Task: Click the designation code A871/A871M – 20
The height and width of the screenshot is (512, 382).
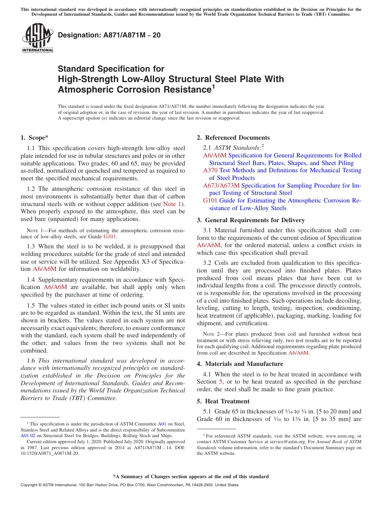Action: tap(109, 35)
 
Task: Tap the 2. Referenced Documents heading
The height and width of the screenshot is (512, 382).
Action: tap(233, 138)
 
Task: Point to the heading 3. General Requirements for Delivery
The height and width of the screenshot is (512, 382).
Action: tap(251, 220)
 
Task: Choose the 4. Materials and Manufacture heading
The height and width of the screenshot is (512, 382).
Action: tap(240, 364)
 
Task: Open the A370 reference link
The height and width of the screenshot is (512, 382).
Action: tap(210, 170)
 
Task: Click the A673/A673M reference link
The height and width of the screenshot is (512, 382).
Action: tap(221, 186)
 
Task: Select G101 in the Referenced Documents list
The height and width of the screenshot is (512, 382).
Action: tap(210, 200)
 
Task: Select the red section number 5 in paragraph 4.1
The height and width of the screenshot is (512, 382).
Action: tap(221, 382)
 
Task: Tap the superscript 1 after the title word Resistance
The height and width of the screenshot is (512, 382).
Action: tap(213, 87)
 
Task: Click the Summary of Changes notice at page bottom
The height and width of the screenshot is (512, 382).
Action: tap(191, 477)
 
